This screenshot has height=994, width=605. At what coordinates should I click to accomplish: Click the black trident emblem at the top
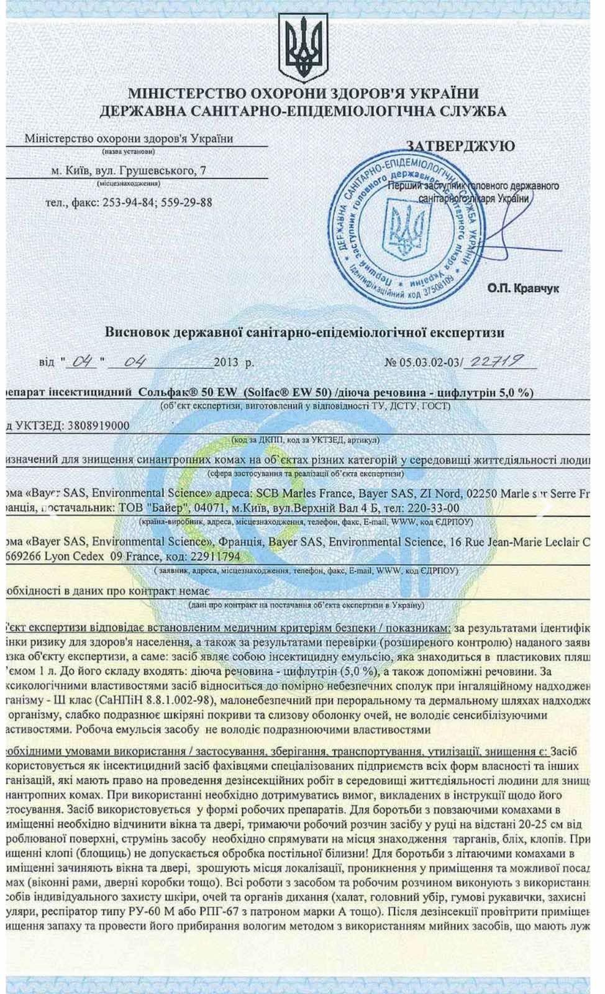302,48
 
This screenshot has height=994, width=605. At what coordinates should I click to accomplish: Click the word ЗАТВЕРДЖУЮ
460,147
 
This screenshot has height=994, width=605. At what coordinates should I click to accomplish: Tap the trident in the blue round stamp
407,229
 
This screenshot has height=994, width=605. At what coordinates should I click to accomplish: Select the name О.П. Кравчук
523,289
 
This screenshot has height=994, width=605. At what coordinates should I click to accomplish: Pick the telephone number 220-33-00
432,508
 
